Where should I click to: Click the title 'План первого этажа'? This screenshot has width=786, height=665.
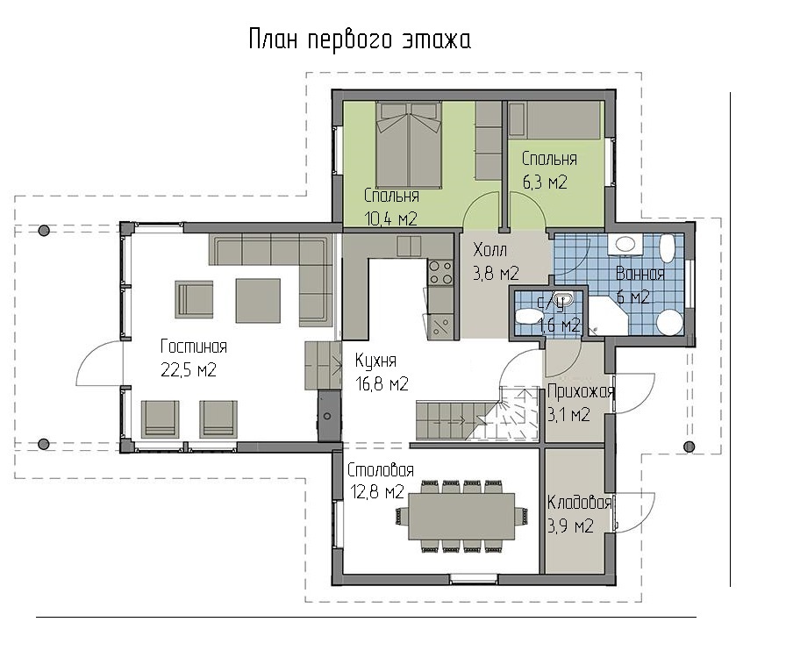[x=360, y=39]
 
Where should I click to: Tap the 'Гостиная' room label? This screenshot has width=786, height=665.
[x=194, y=347]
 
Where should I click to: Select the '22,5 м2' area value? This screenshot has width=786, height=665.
[x=189, y=370]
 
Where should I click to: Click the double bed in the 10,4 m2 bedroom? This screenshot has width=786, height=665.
[x=409, y=146]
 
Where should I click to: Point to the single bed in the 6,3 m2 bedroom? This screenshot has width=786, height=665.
[x=554, y=120]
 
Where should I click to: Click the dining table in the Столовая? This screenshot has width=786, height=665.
[x=461, y=516]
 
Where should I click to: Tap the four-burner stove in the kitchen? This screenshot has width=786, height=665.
[x=440, y=272]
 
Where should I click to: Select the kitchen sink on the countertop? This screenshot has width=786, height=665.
[x=409, y=246]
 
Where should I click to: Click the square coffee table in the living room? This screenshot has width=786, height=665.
[x=258, y=301]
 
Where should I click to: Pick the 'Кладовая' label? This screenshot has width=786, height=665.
[x=580, y=503]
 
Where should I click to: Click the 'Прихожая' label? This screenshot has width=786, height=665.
[x=581, y=391]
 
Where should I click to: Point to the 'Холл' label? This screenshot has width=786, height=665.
[x=489, y=249]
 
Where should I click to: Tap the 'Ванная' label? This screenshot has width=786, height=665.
[x=640, y=274]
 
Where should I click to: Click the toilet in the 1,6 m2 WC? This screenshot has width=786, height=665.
[x=525, y=317]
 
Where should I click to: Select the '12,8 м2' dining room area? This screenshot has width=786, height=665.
[x=377, y=492]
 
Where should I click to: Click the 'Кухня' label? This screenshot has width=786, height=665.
[x=375, y=361]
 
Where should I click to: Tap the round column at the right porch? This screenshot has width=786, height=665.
[x=690, y=447]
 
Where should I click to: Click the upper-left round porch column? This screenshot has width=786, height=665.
[x=44, y=230]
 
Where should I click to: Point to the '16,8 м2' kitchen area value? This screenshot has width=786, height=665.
[x=382, y=384]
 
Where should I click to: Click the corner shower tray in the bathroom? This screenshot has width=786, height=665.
[x=607, y=315]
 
